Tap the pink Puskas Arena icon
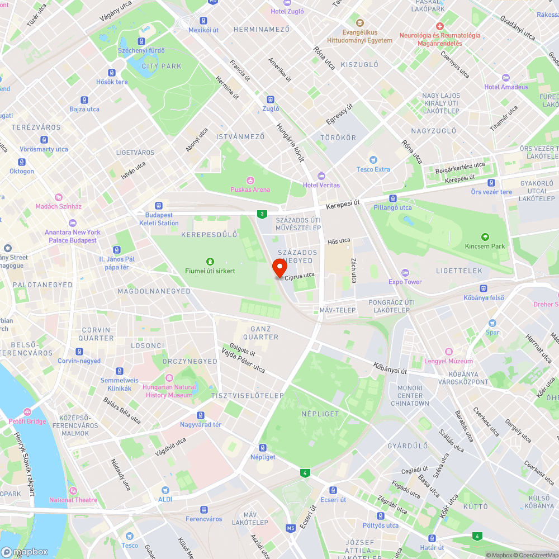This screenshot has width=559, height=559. coord(250,180)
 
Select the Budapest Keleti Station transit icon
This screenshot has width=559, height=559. coord(159,206)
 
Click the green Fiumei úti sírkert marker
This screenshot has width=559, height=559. coord(210,262)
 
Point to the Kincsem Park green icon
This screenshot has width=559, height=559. coord(485,237)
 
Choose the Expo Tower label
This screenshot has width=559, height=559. coord(405,282)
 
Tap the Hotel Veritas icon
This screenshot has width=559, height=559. coord(321,176)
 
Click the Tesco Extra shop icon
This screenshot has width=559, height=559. coord(374,160)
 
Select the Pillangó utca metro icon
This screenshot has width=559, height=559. coord(392,198)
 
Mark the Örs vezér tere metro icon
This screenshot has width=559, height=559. coord(491,183)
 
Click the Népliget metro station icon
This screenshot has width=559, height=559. coord(263,448)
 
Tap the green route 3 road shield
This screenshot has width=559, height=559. coord(261,214)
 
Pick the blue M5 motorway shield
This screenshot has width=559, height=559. coord(290,528)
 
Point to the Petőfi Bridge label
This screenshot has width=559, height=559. coord(27,421)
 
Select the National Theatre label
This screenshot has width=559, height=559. coord(73,500)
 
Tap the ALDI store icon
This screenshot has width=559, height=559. coord(165,490)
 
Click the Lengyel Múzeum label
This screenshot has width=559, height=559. coord(448,361)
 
